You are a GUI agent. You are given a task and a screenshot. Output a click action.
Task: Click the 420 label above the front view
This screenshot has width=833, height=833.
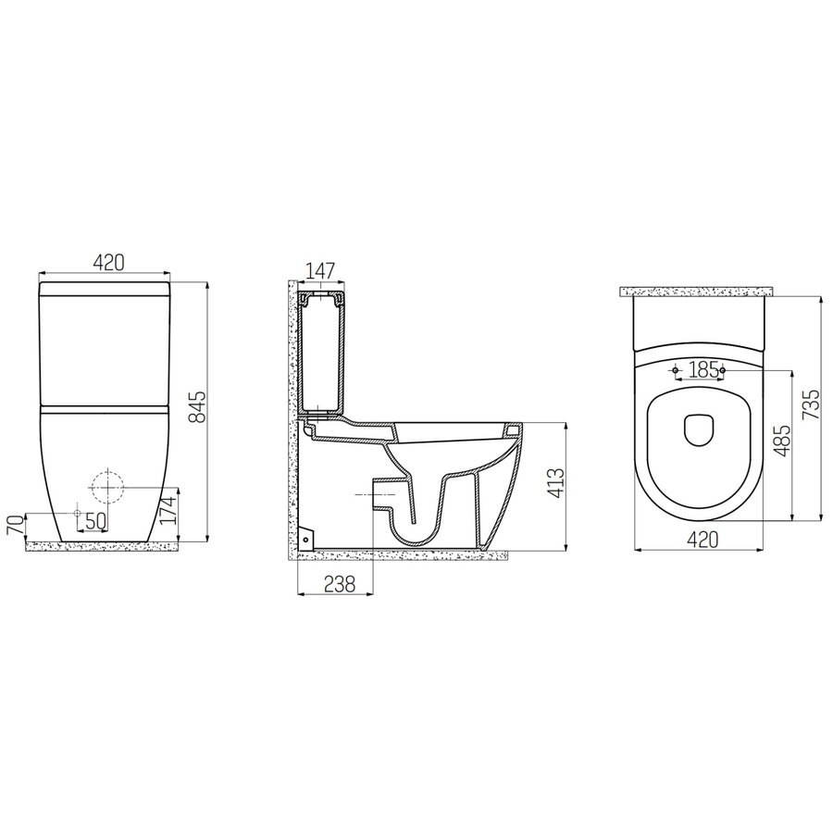[x=108, y=264]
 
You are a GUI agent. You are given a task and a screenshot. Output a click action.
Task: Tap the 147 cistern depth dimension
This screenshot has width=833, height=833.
[x=319, y=271]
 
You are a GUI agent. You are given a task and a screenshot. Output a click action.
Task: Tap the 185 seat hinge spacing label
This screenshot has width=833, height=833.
[x=703, y=370]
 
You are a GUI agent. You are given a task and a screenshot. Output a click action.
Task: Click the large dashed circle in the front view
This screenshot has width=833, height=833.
[x=107, y=486]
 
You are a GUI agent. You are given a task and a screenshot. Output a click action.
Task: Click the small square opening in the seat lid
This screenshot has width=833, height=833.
[x=700, y=428]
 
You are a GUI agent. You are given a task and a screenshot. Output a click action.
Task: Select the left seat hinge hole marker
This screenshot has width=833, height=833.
[x=676, y=371]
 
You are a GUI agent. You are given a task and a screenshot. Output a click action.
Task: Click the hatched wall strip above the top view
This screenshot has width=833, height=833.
[x=699, y=292]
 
